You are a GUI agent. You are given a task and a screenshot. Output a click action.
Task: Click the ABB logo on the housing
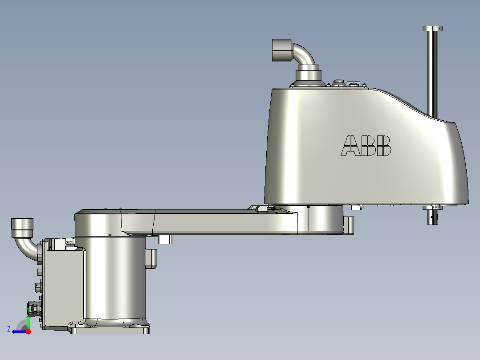click(366, 146)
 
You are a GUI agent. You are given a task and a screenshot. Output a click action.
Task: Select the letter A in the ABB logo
click(350, 146)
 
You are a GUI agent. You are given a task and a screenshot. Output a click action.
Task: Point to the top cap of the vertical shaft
click(432, 29)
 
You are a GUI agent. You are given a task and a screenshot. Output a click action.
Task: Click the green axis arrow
click(28, 320)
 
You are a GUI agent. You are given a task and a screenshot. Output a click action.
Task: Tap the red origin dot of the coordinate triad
click(28, 331)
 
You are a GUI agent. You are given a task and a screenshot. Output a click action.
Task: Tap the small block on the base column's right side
click(151, 258)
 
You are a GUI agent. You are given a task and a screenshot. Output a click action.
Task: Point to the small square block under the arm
click(165, 240)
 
